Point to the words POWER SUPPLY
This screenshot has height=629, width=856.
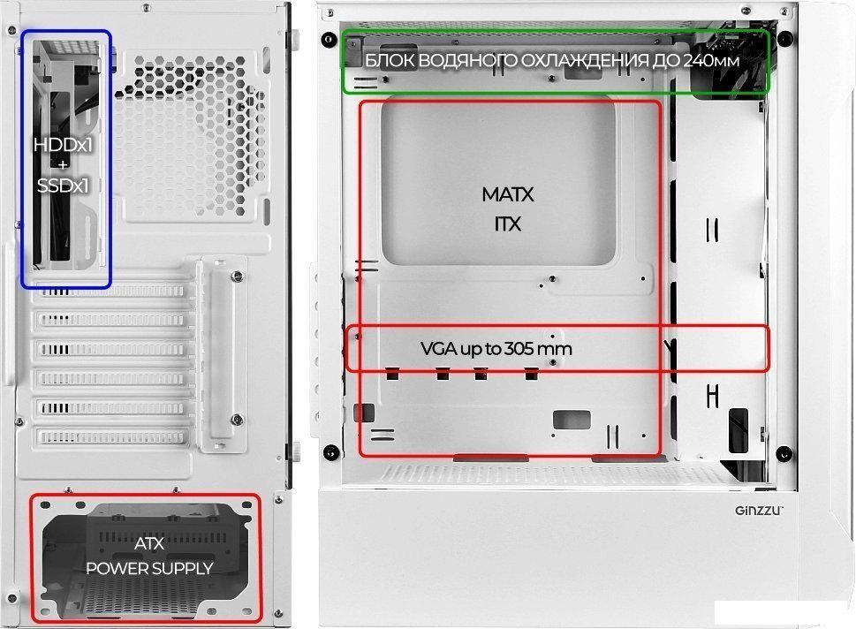149,568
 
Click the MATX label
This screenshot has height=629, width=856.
508,193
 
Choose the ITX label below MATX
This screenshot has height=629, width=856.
508,224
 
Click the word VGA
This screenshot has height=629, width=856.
438,349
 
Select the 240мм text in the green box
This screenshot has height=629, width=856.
710,60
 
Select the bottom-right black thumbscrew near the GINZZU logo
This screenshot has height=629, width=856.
783,454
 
